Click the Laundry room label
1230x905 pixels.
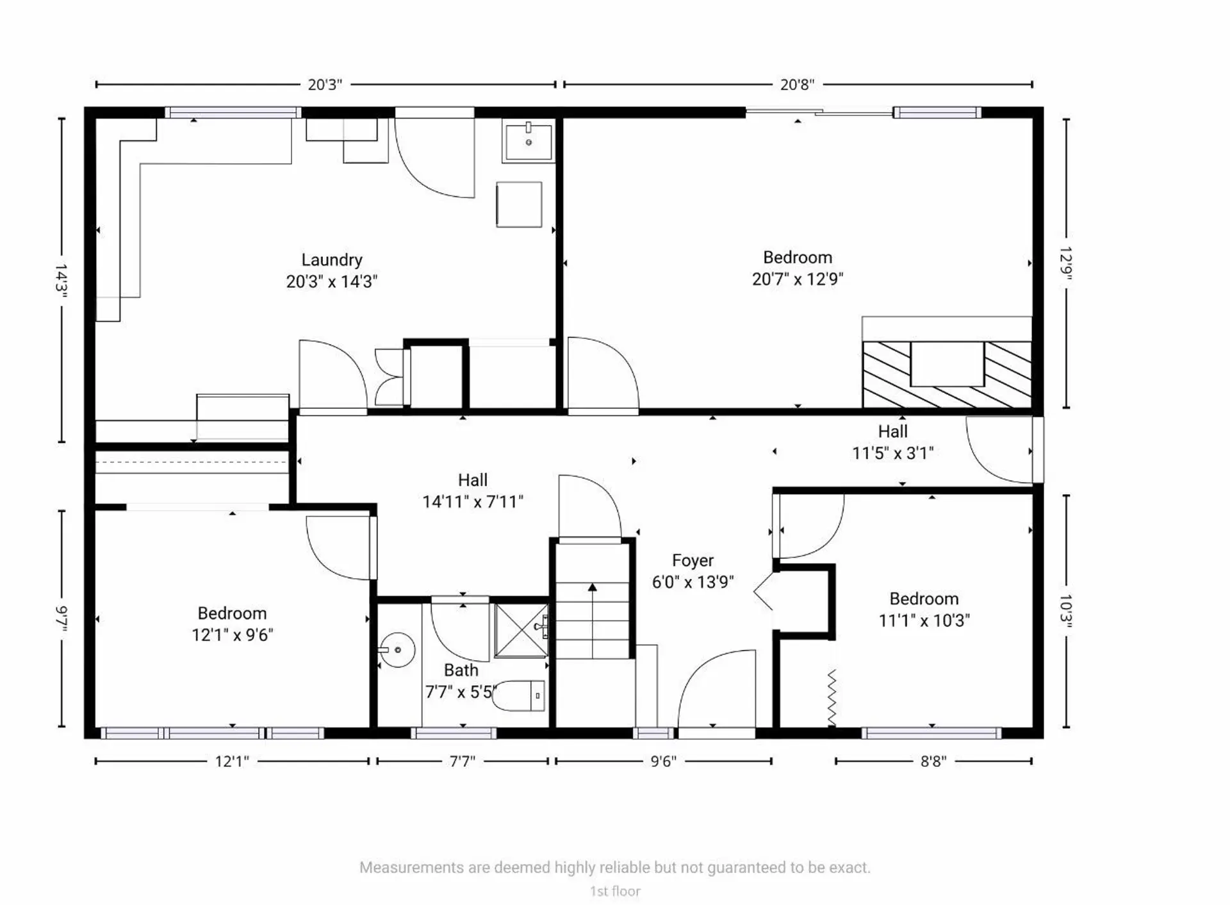(332, 260)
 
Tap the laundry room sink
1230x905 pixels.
(529, 142)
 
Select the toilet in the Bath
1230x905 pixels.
(519, 695)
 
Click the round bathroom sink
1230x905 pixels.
(397, 650)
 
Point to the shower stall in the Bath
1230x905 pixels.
(521, 631)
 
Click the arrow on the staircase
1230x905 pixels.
(593, 587)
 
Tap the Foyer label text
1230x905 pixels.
(693, 561)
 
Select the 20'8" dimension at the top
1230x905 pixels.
(797, 85)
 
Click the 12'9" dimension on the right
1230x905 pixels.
(1065, 263)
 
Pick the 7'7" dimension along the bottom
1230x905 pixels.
(462, 761)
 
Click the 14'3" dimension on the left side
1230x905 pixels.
(61, 280)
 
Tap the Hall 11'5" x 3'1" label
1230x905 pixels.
(892, 442)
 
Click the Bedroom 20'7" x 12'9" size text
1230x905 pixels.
(798, 279)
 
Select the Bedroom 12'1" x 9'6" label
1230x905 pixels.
(232, 624)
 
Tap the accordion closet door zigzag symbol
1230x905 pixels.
(832, 697)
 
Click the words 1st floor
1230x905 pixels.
(615, 892)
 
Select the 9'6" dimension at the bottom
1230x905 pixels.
(663, 761)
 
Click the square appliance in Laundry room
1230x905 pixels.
(519, 204)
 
